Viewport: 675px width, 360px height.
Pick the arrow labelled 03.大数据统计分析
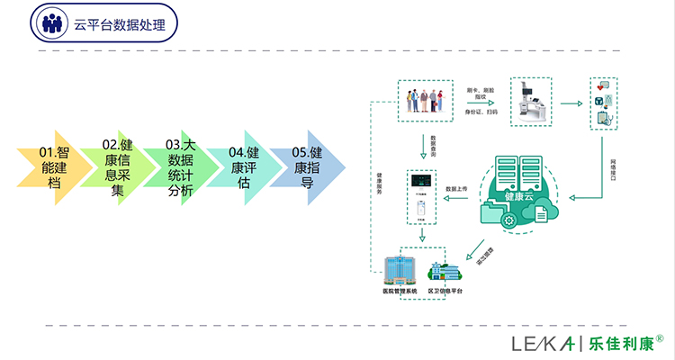point(181,166)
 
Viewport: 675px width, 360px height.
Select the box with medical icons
point(603,103)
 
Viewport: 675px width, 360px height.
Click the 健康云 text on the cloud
point(520,195)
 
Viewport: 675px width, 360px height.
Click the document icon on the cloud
point(542,213)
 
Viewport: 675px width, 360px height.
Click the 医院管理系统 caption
point(400,293)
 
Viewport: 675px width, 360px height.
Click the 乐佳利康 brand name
point(621,343)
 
